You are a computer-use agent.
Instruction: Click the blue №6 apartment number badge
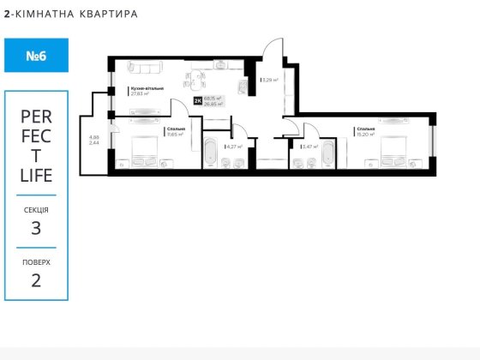36,56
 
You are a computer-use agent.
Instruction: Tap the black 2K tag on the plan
198,101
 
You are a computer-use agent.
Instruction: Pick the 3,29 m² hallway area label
269,81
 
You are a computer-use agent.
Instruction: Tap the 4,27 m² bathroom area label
234,147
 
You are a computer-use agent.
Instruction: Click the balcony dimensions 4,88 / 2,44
93,140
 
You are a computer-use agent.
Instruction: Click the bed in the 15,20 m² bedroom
395,151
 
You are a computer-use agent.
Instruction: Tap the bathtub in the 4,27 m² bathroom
210,153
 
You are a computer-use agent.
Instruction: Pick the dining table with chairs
196,81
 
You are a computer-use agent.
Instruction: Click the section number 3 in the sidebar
36,227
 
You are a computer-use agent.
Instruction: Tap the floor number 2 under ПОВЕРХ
36,280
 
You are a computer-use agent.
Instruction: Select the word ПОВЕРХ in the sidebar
36,261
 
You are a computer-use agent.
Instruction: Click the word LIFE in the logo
36,176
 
